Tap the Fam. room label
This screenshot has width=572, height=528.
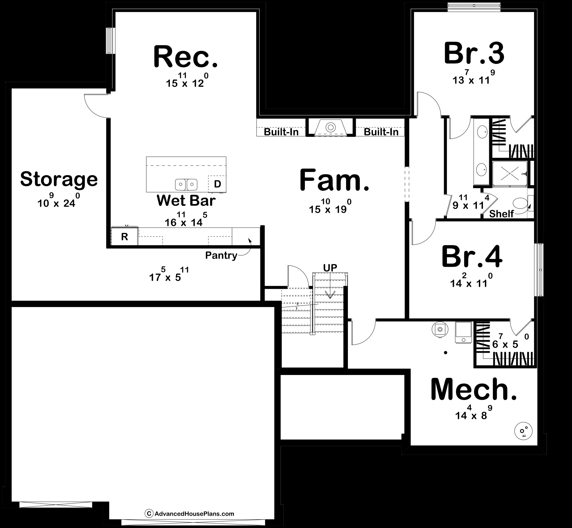334,181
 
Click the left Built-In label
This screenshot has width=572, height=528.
281,132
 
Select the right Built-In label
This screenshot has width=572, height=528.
381,132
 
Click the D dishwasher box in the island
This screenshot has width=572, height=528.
217,184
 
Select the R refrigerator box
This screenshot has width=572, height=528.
124,237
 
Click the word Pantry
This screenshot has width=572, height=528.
221,255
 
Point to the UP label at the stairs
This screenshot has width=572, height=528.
330,268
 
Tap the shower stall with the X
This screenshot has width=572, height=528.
510,174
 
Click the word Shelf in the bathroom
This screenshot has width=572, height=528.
501,214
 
